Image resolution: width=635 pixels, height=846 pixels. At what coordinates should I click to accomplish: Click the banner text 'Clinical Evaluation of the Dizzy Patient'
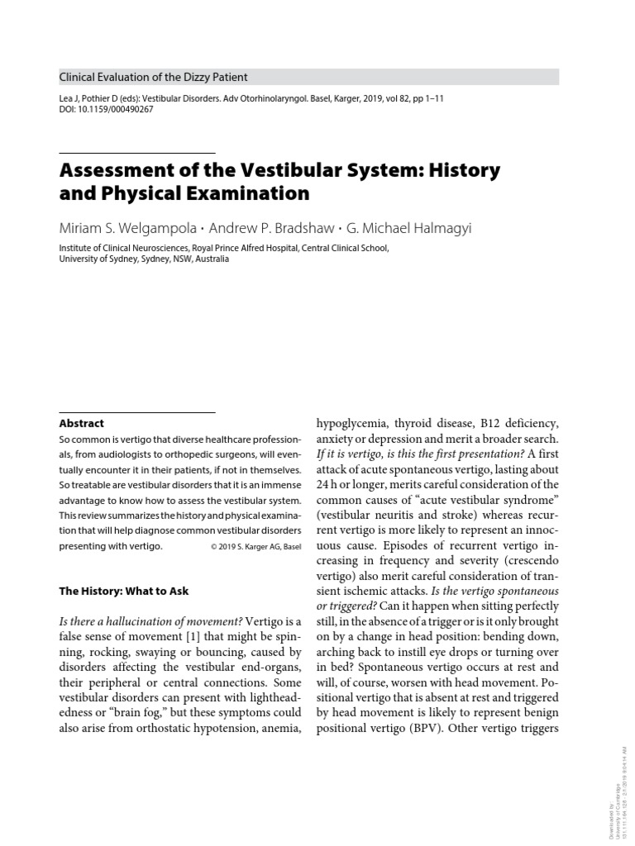click(154, 77)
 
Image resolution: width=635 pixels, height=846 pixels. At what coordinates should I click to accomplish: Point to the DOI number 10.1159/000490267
click(116, 108)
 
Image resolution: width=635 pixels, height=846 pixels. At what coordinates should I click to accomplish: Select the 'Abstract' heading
click(81, 423)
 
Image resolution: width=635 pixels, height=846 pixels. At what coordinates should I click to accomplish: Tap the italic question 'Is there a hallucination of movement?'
click(152, 621)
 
